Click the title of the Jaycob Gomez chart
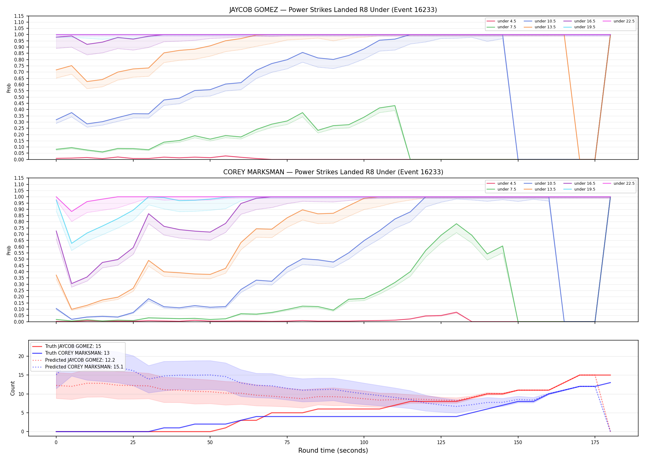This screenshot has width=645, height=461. point(333,10)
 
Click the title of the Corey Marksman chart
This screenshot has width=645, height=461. point(333,172)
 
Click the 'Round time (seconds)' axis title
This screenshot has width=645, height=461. point(333,451)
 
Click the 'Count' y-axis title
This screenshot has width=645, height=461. point(13,388)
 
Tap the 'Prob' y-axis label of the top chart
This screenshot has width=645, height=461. point(9,88)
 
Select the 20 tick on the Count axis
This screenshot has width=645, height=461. point(21,357)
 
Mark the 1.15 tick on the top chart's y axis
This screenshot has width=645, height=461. point(19,16)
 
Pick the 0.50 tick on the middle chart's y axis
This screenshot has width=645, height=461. point(19,259)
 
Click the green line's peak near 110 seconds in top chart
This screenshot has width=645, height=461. point(395,106)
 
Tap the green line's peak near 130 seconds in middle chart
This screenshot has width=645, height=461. point(456,224)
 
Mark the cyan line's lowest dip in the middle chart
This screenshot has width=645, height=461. point(72,244)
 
